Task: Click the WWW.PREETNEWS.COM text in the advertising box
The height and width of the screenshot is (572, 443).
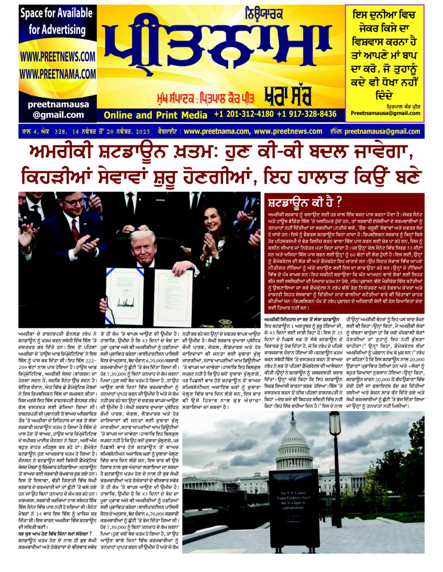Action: (x=57, y=57)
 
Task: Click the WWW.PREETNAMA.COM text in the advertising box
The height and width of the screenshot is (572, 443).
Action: (x=57, y=74)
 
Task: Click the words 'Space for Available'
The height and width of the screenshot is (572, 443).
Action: (x=56, y=14)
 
